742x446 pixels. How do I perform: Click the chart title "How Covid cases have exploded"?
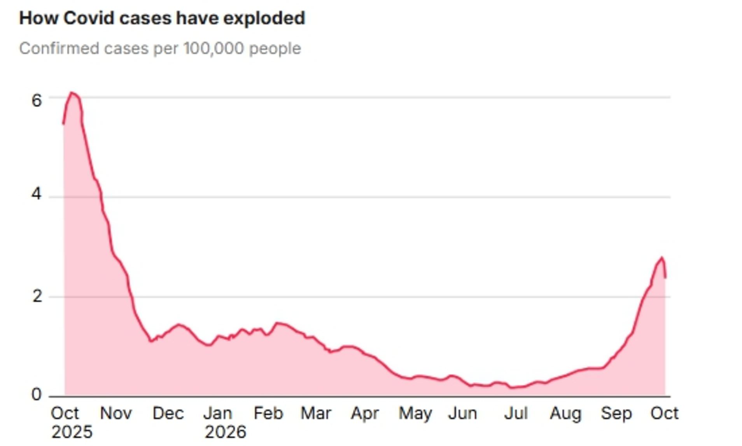coord(162,18)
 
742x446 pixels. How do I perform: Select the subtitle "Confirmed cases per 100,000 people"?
coord(160,49)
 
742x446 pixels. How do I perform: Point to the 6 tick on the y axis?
coord(37,101)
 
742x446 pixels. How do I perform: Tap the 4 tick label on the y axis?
coord(37,194)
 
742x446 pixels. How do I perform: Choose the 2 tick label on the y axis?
coord(37,297)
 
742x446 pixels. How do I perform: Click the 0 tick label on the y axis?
coord(37,395)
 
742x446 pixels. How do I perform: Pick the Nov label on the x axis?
coord(116,413)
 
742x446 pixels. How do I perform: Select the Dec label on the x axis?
coord(168,413)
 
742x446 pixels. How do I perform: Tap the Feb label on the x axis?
coord(268,413)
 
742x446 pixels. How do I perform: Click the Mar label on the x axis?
coord(316,413)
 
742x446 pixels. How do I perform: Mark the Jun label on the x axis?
coord(462,413)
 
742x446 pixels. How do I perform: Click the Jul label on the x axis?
coord(516,413)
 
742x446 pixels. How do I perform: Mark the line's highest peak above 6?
coord(71,93)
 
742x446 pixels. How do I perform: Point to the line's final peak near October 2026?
coord(661,258)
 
